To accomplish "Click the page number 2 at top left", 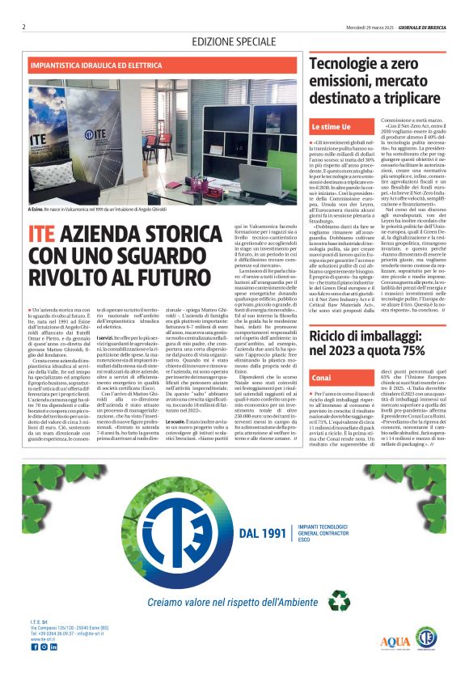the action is [24, 27].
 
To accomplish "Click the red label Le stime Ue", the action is [332, 128].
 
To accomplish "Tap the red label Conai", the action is [321, 379].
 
